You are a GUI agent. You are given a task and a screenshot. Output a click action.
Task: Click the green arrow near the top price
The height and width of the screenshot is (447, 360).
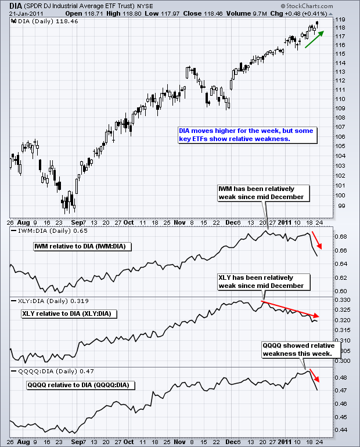tap(314, 39)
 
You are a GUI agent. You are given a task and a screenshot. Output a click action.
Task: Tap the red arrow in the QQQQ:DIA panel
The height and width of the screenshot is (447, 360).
tap(314, 378)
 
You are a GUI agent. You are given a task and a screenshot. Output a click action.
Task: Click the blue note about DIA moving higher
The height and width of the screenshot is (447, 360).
tap(247, 135)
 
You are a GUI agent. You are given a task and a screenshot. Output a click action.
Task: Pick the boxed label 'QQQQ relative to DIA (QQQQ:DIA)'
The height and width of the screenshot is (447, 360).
tap(80, 385)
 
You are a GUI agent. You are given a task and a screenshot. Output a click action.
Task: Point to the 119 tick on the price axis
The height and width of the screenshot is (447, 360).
tap(341, 19)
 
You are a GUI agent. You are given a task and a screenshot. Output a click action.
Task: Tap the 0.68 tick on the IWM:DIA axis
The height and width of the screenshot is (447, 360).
tap(342, 237)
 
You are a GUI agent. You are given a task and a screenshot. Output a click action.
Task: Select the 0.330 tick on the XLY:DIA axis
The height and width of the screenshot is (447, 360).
tap(343, 300)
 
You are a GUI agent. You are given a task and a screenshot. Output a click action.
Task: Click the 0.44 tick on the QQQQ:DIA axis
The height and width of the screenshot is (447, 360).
tap(342, 430)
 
